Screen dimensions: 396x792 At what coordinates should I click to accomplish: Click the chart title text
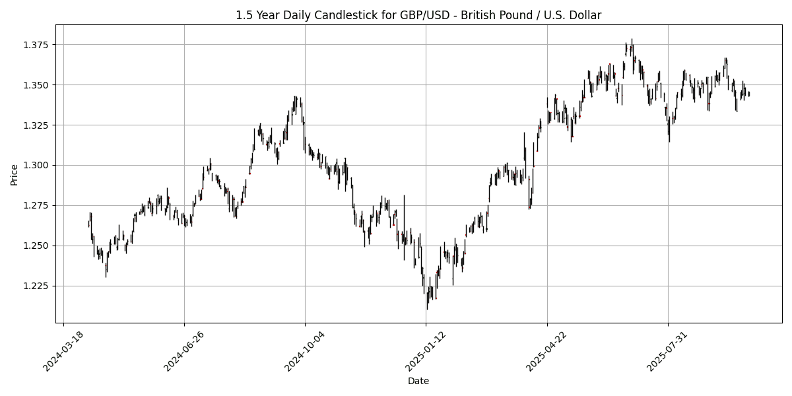[418, 15]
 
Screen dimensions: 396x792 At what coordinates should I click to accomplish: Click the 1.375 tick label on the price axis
[38, 45]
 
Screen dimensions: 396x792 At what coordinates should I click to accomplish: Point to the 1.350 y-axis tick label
[38, 85]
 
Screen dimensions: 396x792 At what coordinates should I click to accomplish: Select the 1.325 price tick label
[38, 125]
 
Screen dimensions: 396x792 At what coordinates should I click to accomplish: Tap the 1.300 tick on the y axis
[38, 166]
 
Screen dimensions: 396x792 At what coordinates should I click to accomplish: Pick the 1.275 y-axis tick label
[38, 205]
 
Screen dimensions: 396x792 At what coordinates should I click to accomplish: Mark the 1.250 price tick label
[38, 246]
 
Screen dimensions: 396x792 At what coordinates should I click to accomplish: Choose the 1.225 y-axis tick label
[38, 286]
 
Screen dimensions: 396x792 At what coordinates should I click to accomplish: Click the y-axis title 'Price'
[14, 174]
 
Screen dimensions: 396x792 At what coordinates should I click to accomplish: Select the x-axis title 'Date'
[418, 381]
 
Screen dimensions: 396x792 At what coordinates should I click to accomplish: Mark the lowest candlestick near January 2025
[426, 306]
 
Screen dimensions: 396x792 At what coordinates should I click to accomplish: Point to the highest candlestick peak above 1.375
[632, 41]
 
